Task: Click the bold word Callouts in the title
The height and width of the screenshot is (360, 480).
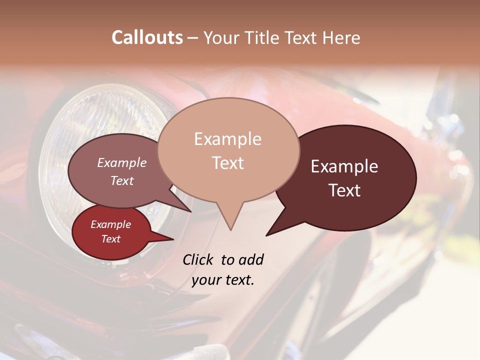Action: pyautogui.click(x=147, y=37)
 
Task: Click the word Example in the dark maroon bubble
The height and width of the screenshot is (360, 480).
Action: pyautogui.click(x=344, y=166)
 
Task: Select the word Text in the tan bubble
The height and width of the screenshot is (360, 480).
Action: pyautogui.click(x=228, y=163)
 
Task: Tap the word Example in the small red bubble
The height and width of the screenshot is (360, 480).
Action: pyautogui.click(x=110, y=224)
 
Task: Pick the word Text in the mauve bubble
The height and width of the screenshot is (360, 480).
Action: pyautogui.click(x=122, y=180)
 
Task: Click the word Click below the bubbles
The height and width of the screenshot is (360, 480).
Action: pyautogui.click(x=199, y=259)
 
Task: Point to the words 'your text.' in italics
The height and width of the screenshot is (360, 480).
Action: pyautogui.click(x=223, y=280)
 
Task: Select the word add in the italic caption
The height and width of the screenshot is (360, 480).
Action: pyautogui.click(x=251, y=259)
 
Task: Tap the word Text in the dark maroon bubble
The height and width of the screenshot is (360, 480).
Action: pyautogui.click(x=345, y=190)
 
